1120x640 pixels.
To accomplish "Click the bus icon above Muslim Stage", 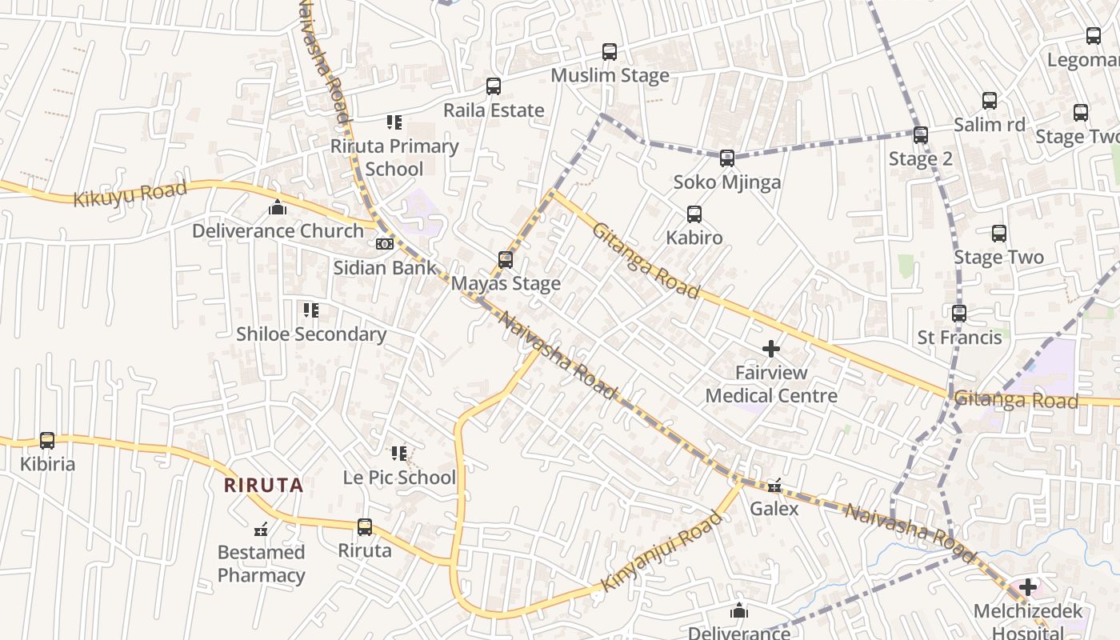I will (x=610, y=52).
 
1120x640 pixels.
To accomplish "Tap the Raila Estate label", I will (x=494, y=110).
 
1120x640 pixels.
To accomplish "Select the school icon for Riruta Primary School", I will (x=394, y=122).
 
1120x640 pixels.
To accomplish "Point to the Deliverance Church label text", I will (x=278, y=231).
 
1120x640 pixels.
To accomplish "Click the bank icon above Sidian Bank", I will (x=385, y=244).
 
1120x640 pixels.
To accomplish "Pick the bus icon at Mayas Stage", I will (x=506, y=260).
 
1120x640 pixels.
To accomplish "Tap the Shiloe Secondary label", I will (x=311, y=334).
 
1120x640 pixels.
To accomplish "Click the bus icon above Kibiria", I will (x=47, y=441).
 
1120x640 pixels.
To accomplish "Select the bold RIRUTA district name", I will (x=263, y=485).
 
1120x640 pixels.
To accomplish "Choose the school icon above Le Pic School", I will (x=399, y=454).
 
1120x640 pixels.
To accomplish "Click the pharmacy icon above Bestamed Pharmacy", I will (x=261, y=529).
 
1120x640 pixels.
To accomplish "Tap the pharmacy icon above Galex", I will (x=774, y=486).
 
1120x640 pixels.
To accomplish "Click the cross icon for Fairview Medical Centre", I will (x=771, y=349).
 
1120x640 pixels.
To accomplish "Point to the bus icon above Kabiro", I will (x=694, y=214).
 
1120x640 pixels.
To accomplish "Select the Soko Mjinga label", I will (x=726, y=182).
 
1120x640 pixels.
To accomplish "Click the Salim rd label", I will (x=989, y=125).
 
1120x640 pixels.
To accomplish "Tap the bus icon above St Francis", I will (x=959, y=314).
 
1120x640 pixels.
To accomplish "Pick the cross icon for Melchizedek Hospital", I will (x=1028, y=588).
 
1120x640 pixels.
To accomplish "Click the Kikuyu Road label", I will (x=130, y=194).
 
